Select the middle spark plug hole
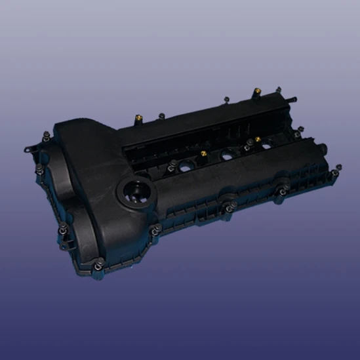[228, 154]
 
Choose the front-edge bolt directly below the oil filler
[155, 230]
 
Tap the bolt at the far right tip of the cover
[334, 173]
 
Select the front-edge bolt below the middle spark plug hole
[228, 209]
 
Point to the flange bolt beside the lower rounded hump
[62, 228]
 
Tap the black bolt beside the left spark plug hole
[172, 163]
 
